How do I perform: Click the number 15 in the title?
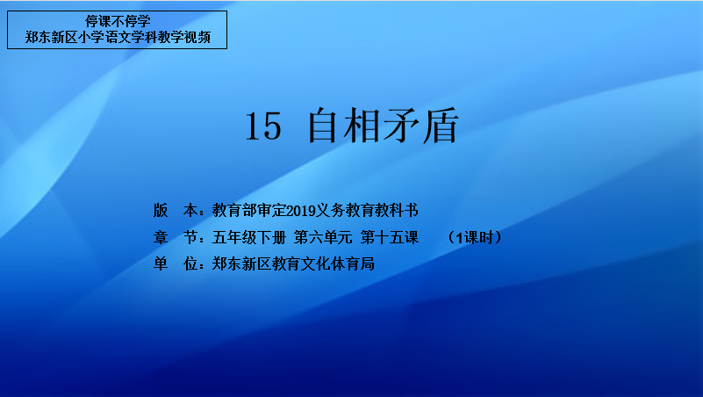[263, 126]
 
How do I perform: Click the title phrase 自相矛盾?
[384, 125]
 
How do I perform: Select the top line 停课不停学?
[118, 22]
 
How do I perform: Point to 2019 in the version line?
[300, 211]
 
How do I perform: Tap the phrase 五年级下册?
[249, 237]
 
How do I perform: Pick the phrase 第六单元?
[323, 237]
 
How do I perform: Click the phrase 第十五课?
[390, 237]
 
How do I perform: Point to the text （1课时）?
[475, 237]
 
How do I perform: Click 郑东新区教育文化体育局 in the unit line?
[293, 263]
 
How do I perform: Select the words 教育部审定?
[249, 211]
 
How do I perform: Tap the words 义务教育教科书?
[367, 211]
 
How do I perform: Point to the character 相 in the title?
[362, 125]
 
